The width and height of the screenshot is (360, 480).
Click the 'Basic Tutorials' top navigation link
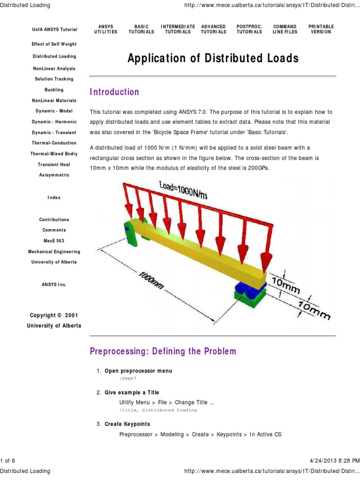tap(141, 29)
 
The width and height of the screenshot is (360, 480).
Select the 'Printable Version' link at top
tap(321, 29)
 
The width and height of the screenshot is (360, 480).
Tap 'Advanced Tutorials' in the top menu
tap(213, 29)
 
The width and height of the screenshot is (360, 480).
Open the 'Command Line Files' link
tap(285, 29)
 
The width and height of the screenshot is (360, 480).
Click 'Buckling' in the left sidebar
tap(54, 90)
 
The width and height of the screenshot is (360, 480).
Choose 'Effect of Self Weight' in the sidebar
tap(54, 44)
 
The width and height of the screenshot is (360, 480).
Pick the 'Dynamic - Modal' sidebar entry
tap(54, 111)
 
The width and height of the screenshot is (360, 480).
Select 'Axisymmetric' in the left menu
tap(54, 175)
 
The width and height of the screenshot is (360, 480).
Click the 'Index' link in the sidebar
tap(54, 198)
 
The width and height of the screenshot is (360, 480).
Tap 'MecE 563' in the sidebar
tap(54, 241)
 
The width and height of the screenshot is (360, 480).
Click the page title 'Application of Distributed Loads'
tap(213, 59)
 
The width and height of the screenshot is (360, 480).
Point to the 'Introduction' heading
tap(114, 92)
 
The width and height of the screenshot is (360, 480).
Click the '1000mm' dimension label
tap(151, 280)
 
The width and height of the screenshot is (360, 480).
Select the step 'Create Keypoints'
tap(127, 424)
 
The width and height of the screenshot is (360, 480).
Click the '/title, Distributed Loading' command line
tap(158, 410)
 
